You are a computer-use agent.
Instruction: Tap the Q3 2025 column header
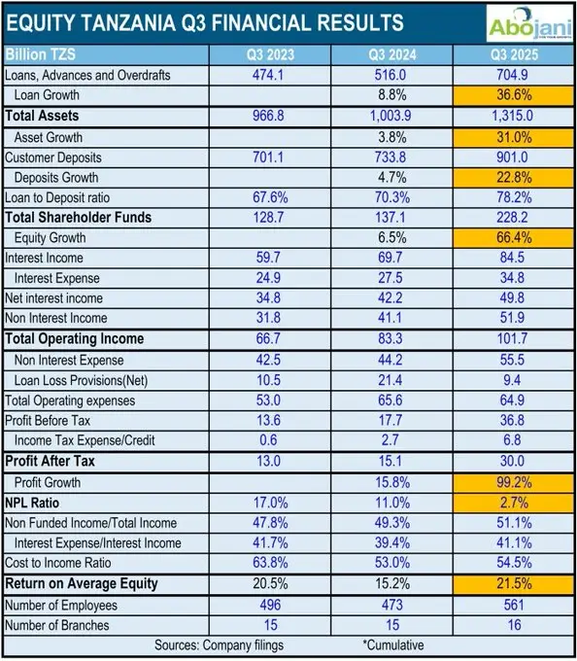[512, 54]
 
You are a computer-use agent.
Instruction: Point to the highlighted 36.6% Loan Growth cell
[512, 95]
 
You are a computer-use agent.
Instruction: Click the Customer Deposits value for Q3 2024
[392, 157]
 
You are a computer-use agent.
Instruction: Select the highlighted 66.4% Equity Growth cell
[512, 237]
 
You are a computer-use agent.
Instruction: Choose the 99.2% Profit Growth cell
[512, 481]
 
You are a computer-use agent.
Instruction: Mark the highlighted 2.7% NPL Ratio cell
[512, 502]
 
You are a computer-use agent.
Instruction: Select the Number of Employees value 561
[512, 604]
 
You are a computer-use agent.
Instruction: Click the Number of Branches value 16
[512, 624]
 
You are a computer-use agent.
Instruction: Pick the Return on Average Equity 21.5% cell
[512, 583]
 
